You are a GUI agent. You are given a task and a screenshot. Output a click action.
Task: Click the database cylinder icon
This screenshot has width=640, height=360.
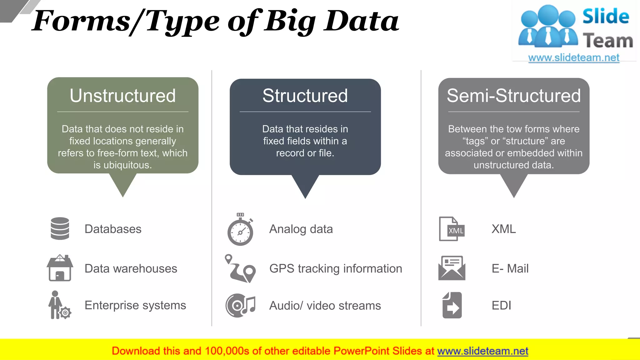pyautogui.click(x=60, y=229)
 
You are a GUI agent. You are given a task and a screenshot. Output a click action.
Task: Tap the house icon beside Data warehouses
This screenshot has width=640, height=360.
pyautogui.click(x=60, y=268)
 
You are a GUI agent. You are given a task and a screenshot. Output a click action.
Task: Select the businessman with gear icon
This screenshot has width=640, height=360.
pyautogui.click(x=59, y=305)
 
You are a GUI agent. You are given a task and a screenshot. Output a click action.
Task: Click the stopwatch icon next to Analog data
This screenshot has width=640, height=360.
pyautogui.click(x=240, y=230)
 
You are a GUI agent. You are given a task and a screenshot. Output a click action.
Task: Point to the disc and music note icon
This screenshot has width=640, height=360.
pyautogui.click(x=240, y=305)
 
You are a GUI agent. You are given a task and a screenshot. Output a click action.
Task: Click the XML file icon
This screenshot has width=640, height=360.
pyautogui.click(x=452, y=229)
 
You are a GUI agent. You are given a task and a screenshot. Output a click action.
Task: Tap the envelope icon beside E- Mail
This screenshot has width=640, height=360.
pyautogui.click(x=452, y=268)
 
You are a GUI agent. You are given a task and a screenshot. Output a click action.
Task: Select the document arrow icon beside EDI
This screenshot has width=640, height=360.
pyautogui.click(x=452, y=305)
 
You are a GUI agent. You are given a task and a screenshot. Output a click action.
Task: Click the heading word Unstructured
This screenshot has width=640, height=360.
pyautogui.click(x=122, y=96)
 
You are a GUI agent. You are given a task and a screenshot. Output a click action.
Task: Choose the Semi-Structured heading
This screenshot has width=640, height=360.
pyautogui.click(x=513, y=96)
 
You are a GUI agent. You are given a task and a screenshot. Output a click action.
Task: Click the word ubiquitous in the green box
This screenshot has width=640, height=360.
pyautogui.click(x=127, y=165)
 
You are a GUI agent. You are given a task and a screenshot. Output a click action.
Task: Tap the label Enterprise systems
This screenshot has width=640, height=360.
pyautogui.click(x=135, y=305)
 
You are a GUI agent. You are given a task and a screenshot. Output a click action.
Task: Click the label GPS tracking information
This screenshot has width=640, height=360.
pyautogui.click(x=336, y=269)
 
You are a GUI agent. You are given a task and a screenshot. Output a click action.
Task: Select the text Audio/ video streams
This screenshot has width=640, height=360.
pyautogui.click(x=325, y=306)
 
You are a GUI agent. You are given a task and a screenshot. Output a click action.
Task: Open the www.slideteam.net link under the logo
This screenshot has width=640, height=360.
pyautogui.click(x=573, y=58)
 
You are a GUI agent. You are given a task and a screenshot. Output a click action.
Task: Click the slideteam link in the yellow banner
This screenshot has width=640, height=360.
pyautogui.click(x=482, y=351)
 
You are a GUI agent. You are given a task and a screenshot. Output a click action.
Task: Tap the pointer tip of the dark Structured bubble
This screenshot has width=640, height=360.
pyautogui.click(x=305, y=196)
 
